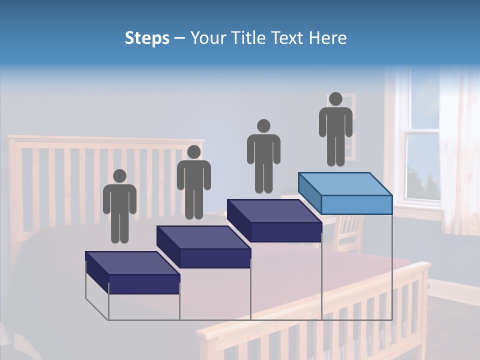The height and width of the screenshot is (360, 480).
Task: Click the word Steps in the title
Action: [x=147, y=38]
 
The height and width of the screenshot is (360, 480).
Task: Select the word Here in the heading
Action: [x=327, y=38]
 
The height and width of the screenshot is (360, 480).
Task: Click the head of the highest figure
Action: [x=335, y=99]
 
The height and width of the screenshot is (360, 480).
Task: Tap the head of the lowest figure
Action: [x=119, y=176]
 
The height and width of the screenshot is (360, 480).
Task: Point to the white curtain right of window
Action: [x=458, y=150]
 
